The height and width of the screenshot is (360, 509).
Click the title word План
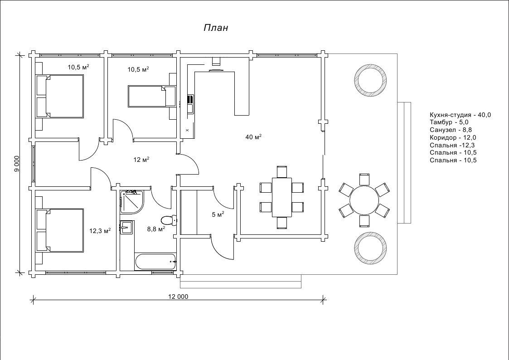(215, 28)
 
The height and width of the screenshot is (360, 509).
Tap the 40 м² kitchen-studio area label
(253, 137)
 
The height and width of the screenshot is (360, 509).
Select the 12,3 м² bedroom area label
(100, 231)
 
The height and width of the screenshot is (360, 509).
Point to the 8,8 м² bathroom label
(155, 229)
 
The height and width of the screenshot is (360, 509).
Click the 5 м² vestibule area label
(218, 214)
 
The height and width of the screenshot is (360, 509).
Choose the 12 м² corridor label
(141, 160)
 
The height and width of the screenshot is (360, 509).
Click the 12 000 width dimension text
(178, 297)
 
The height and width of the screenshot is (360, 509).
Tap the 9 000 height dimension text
(17, 164)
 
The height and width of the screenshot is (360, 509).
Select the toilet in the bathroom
(168, 220)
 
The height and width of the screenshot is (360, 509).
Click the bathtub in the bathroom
(155, 261)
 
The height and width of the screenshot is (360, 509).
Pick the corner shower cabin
(131, 202)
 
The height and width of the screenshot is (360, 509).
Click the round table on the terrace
(364, 200)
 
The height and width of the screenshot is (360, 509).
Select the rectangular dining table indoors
(281, 197)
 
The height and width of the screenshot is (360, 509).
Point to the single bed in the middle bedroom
(151, 96)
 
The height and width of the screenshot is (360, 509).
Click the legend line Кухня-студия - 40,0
(460, 115)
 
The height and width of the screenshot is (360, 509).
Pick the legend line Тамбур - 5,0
(449, 122)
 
